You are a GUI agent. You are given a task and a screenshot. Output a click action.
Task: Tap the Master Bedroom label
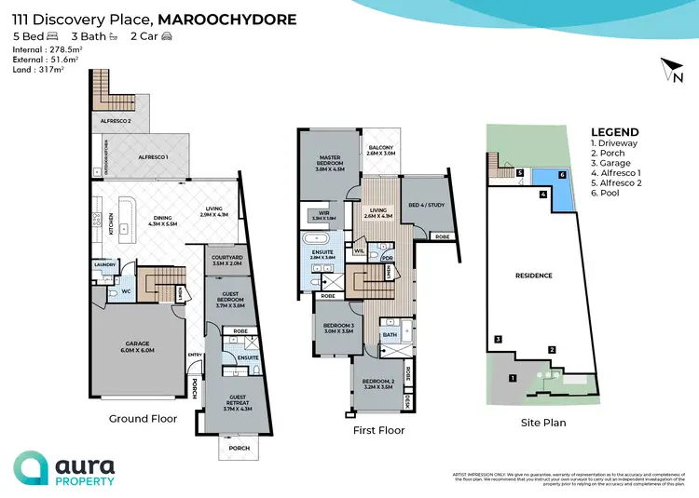click(x=331, y=164)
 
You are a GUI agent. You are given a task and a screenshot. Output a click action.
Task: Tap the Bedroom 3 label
click(x=331, y=326)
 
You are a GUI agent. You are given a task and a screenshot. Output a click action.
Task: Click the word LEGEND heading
click(x=615, y=132)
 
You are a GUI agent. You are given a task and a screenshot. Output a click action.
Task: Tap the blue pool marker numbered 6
click(x=562, y=174)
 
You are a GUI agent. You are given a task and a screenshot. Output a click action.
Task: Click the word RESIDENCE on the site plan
click(x=534, y=276)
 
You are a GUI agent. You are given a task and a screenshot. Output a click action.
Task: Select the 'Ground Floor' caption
click(x=143, y=419)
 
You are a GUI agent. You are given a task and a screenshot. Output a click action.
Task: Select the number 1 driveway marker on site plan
click(x=511, y=378)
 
